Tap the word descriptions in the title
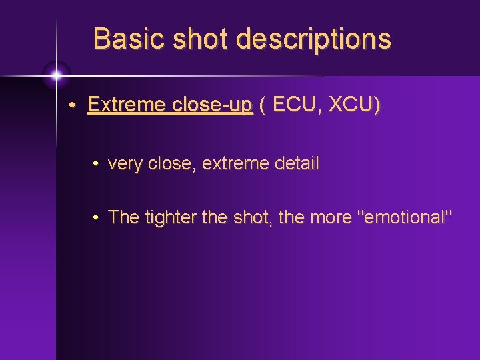(313, 39)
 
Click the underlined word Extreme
(125, 106)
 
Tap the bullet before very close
(97, 164)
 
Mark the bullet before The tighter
(97, 217)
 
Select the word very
(124, 164)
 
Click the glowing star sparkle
(56, 74)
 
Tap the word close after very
(172, 163)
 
